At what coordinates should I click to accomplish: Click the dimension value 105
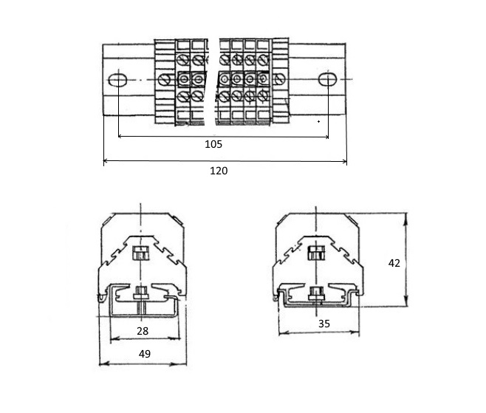click(x=213, y=144)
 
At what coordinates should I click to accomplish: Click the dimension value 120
click(x=219, y=171)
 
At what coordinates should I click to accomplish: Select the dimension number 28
click(x=143, y=331)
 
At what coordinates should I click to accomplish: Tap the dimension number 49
click(x=145, y=354)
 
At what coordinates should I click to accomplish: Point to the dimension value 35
click(x=324, y=324)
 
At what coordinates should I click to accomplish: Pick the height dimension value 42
click(x=394, y=263)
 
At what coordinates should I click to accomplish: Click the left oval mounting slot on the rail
click(x=117, y=80)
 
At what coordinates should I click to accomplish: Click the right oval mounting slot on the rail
click(x=328, y=79)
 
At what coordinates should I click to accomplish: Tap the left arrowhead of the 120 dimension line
click(x=106, y=161)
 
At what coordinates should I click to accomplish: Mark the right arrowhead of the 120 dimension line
click(x=343, y=161)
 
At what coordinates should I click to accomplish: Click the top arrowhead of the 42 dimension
click(x=406, y=216)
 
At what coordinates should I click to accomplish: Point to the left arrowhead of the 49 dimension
click(x=103, y=363)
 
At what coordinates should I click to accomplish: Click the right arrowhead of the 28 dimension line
click(x=177, y=338)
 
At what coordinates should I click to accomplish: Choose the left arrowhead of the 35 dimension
click(x=282, y=333)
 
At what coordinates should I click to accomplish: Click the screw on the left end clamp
click(x=164, y=80)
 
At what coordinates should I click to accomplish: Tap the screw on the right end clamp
click(x=279, y=79)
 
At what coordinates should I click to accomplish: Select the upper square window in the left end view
click(x=141, y=253)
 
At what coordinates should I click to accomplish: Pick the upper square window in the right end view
click(x=316, y=253)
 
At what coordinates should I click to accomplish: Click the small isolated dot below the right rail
click(x=318, y=122)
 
